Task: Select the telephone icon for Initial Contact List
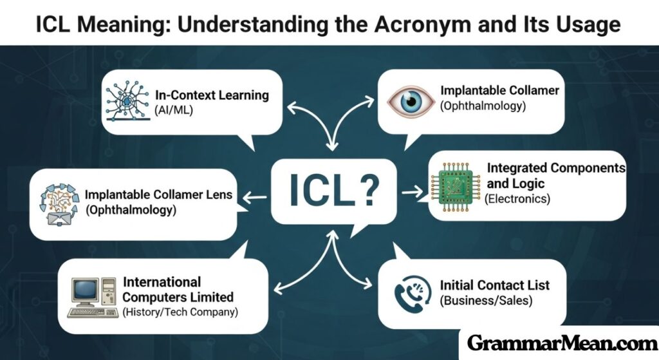tap(412, 292)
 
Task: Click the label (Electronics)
tap(518, 199)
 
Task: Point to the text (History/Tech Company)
tap(180, 312)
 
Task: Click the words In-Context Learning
tap(212, 95)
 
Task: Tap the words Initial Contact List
tap(494, 285)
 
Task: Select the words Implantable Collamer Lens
tap(158, 194)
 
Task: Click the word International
tap(162, 282)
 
